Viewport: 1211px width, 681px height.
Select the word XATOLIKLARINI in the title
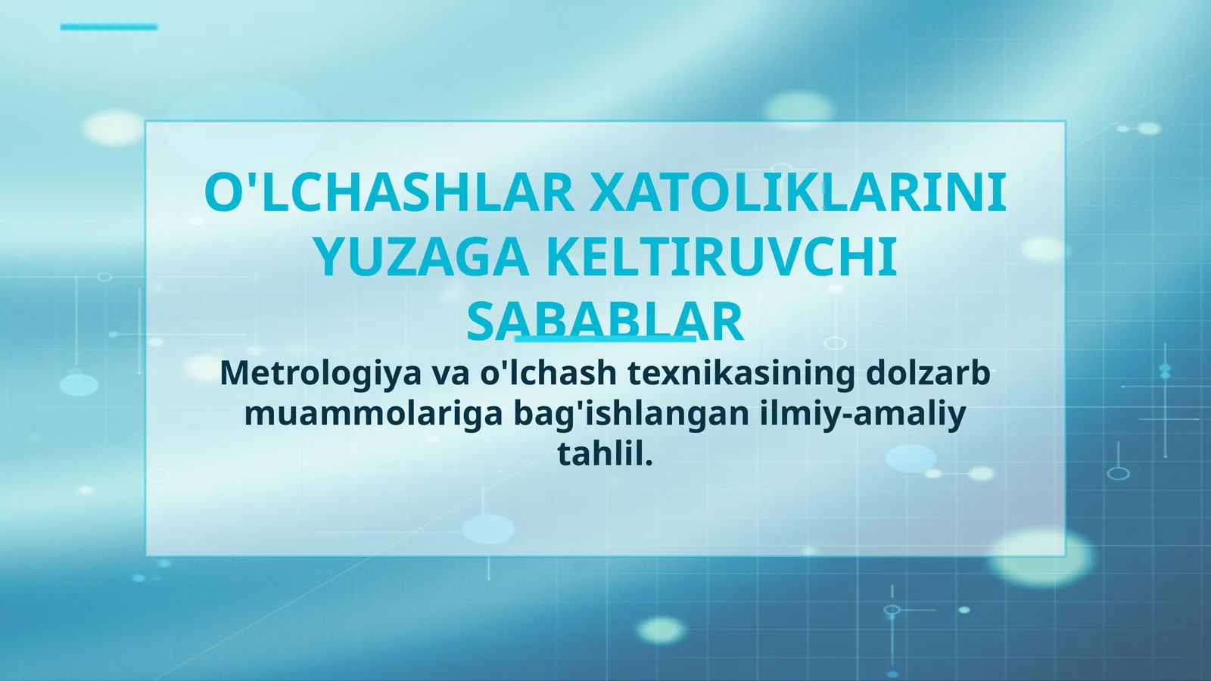coord(798,193)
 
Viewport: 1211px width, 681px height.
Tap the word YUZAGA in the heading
coord(421,258)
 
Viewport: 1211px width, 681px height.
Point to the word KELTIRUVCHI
coord(721,258)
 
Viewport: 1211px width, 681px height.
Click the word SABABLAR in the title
coord(605,322)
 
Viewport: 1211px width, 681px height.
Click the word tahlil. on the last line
coord(605,454)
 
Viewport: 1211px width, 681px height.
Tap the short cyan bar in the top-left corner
coord(109,27)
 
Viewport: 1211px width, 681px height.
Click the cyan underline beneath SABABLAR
coord(605,339)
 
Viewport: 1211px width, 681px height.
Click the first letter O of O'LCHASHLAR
coord(222,193)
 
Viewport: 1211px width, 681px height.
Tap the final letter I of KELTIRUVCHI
coord(890,258)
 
